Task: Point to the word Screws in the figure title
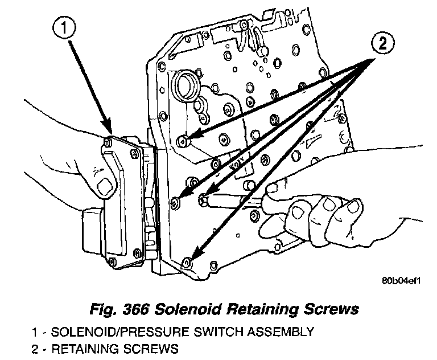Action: coord(329,309)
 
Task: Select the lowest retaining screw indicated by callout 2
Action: coord(187,262)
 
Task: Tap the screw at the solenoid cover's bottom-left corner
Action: coord(112,261)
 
